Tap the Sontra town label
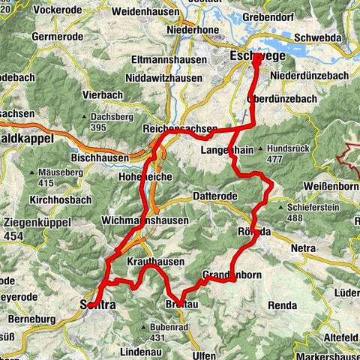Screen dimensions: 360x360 (96, 304)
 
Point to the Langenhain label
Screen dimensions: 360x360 (226, 151)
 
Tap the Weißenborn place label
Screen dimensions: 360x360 (332, 184)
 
